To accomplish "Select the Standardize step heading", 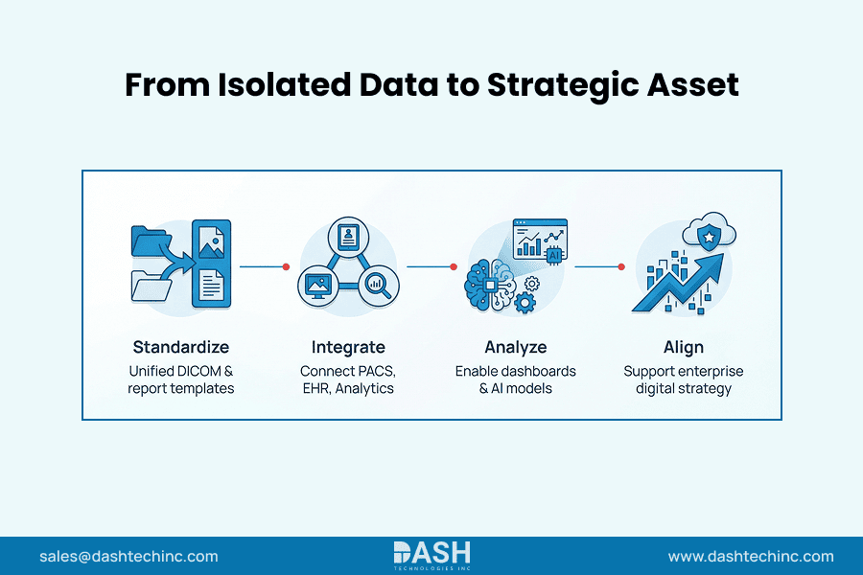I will (181, 347).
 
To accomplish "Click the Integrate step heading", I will (348, 347).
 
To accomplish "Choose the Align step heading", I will (683, 347).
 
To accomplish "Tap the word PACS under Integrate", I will (377, 371).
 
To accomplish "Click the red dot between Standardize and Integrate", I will (286, 266).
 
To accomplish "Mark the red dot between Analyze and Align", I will (621, 266).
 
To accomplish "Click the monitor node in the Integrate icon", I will (316, 285).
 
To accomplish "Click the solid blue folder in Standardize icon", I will (149, 241).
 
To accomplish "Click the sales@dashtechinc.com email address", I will (128, 556).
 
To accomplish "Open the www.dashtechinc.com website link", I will (750, 556).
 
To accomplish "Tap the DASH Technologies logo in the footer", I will (431, 555).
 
